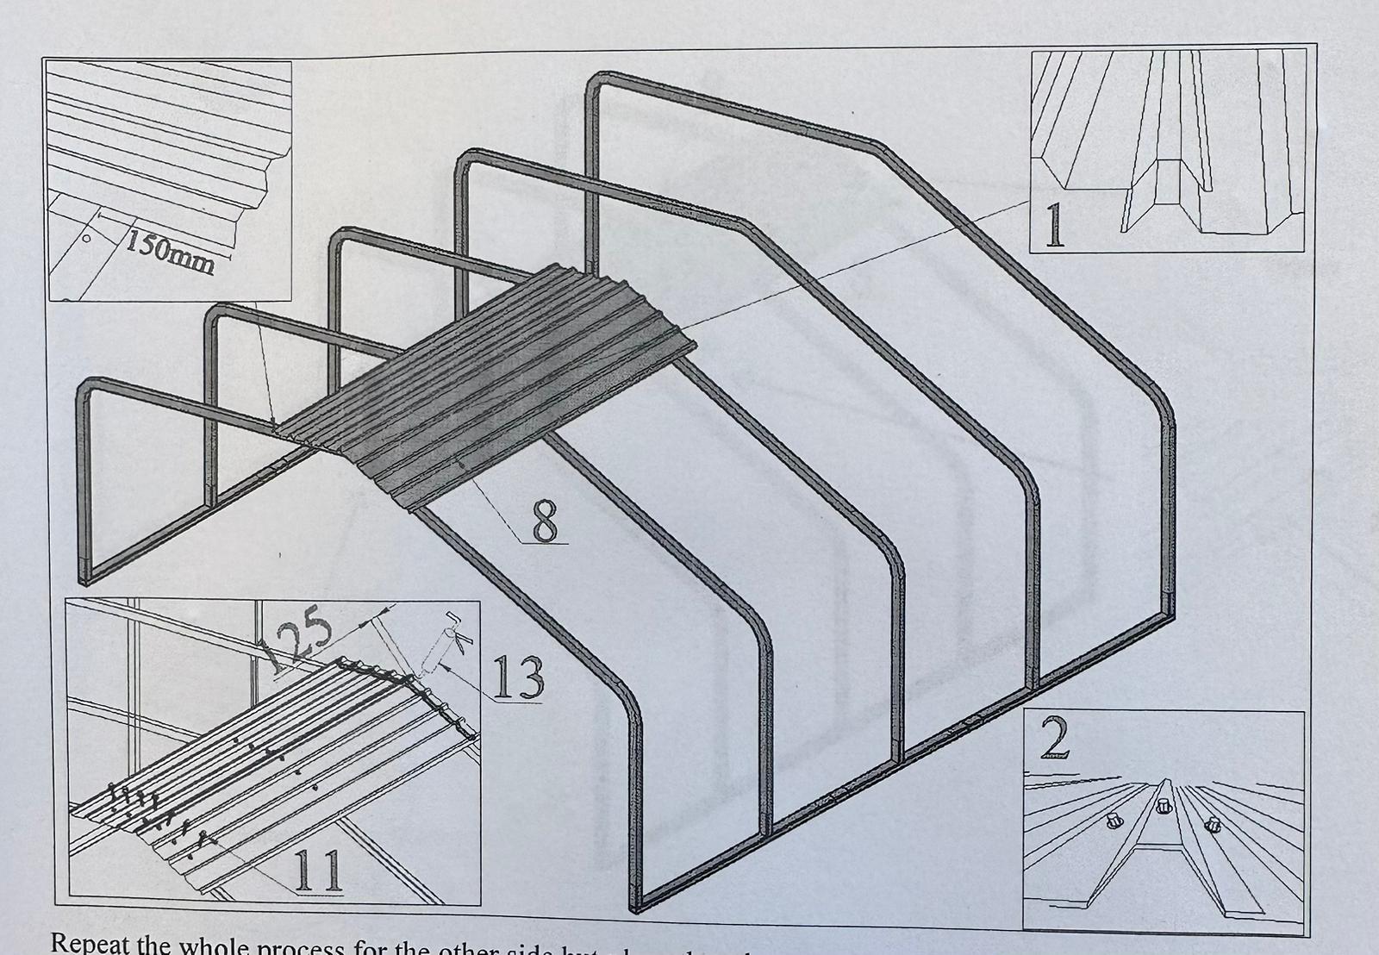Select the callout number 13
(x=517, y=677)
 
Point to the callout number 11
(x=319, y=872)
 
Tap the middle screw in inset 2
(x=1163, y=806)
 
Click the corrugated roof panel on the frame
(x=483, y=388)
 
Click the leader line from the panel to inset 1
(x=862, y=259)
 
